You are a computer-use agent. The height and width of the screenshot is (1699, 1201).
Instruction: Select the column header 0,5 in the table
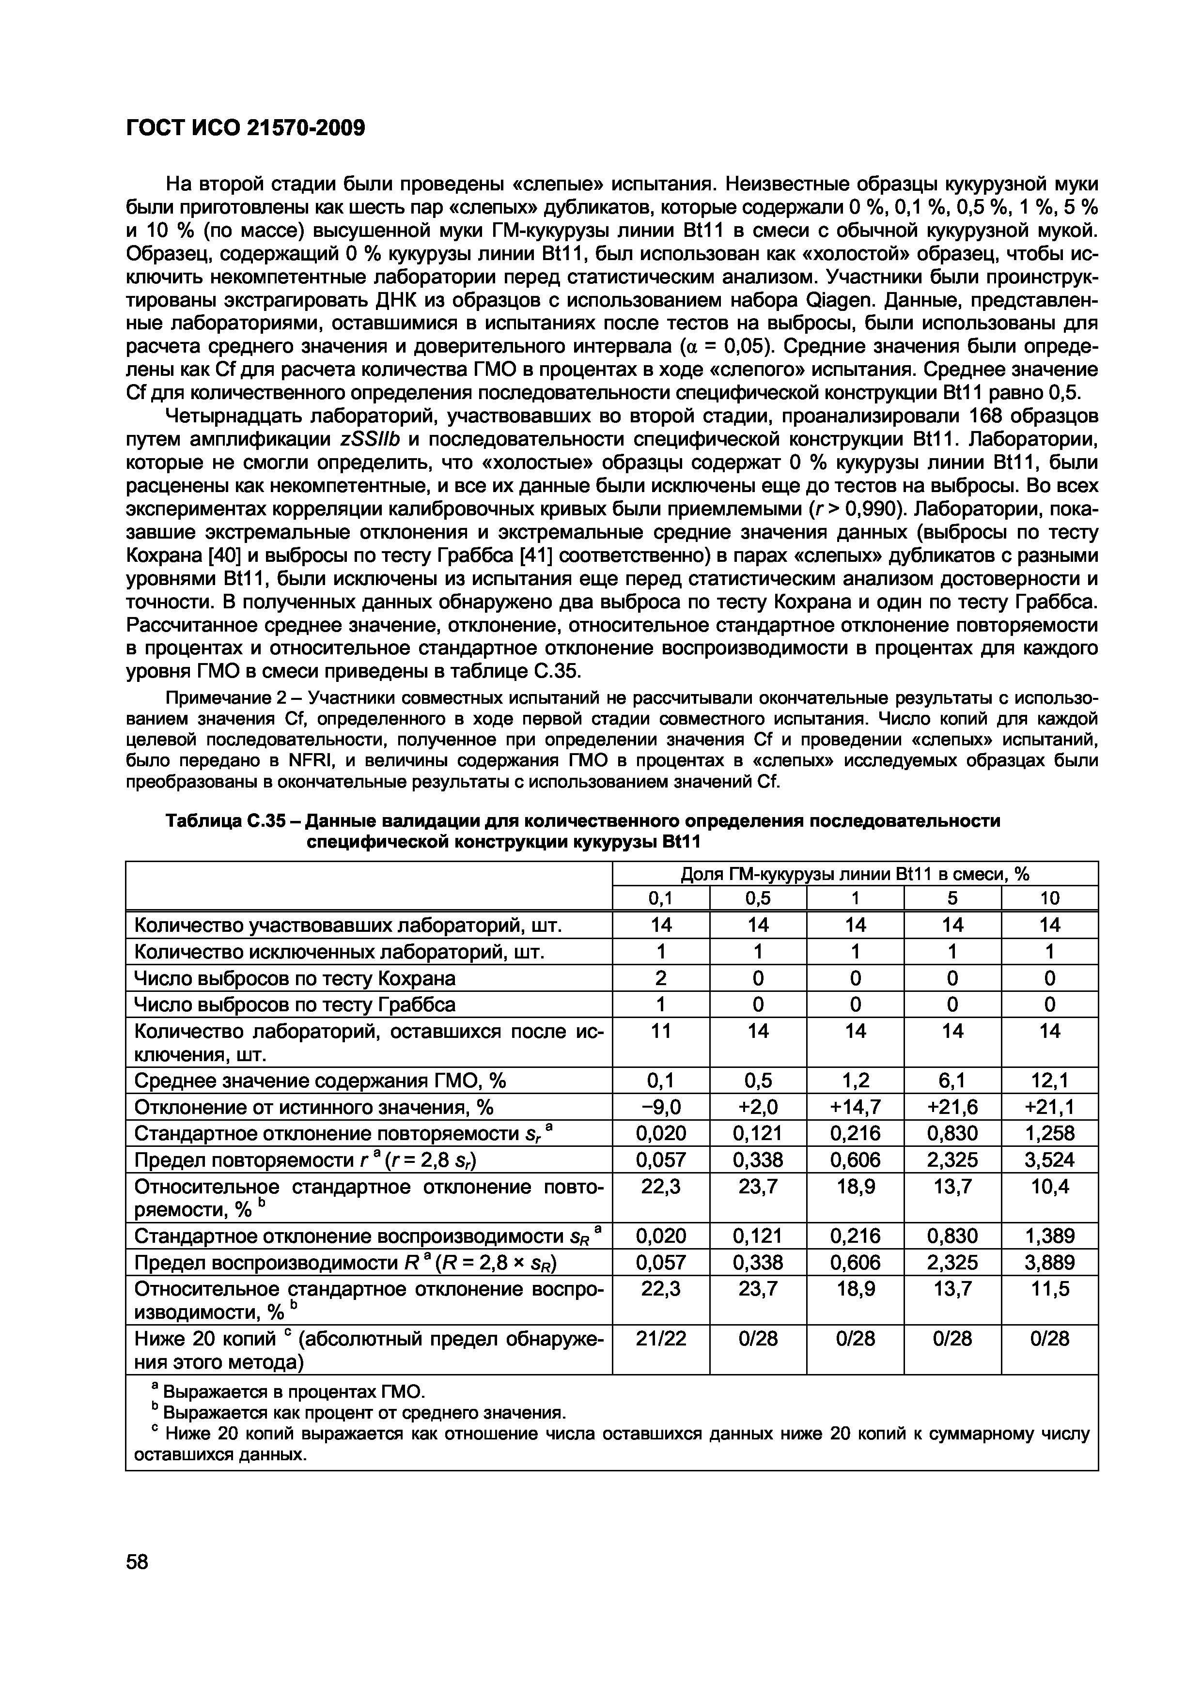(758, 898)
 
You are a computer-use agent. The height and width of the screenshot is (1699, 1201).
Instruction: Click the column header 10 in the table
(1049, 898)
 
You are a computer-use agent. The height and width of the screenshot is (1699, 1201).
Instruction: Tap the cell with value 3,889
(1049, 1263)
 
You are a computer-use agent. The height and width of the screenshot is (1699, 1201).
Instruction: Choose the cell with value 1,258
(1049, 1133)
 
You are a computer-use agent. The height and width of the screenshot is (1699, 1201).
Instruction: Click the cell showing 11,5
(1049, 1290)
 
